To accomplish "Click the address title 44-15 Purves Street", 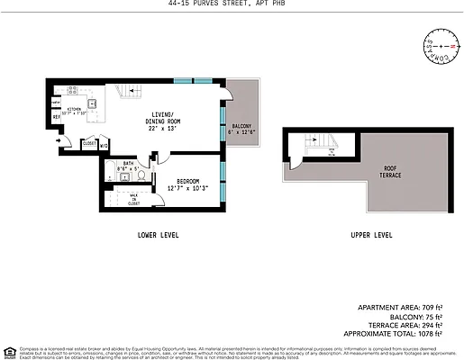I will tap(232, 4).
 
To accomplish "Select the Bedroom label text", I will tap(187, 183).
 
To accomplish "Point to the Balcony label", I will tap(241, 129).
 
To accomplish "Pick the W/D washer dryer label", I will tap(104, 143).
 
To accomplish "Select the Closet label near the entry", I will tap(89, 143).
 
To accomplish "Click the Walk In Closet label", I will tap(132, 200).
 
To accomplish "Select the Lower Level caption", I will tap(158, 235).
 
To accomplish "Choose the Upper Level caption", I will tap(371, 235).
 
